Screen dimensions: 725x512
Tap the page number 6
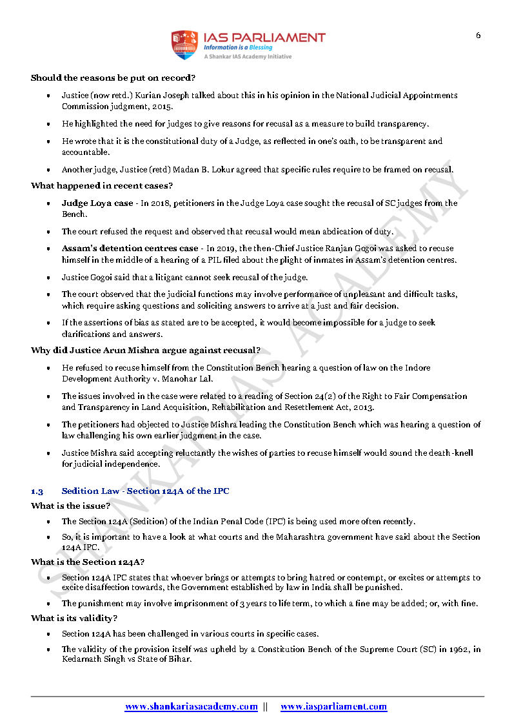coord(478,36)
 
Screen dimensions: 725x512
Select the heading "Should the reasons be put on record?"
coord(113,78)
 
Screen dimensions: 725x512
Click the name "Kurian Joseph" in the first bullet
coord(181,96)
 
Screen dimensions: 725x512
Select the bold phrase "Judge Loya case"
coord(97,203)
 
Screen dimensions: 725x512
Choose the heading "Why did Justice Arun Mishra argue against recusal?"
coord(146,351)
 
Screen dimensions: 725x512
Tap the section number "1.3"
coord(37,491)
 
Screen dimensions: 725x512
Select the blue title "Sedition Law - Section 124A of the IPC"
coord(145,491)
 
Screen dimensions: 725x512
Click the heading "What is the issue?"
coord(70,506)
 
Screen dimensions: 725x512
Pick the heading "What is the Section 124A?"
coord(88,562)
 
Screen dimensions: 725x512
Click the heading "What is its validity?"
coord(74,618)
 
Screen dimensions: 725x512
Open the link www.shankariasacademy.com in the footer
coord(192,707)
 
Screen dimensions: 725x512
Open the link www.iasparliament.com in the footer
coord(333,707)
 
